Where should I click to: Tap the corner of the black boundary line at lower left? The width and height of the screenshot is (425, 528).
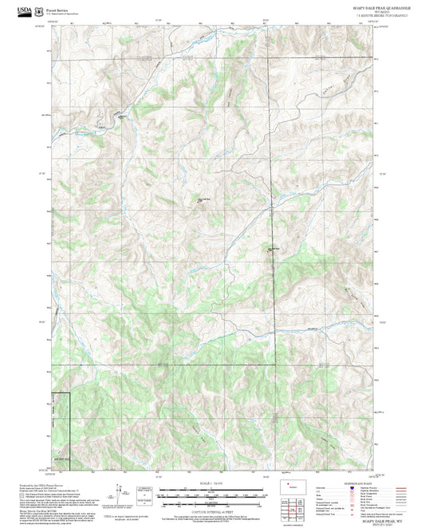(71, 393)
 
